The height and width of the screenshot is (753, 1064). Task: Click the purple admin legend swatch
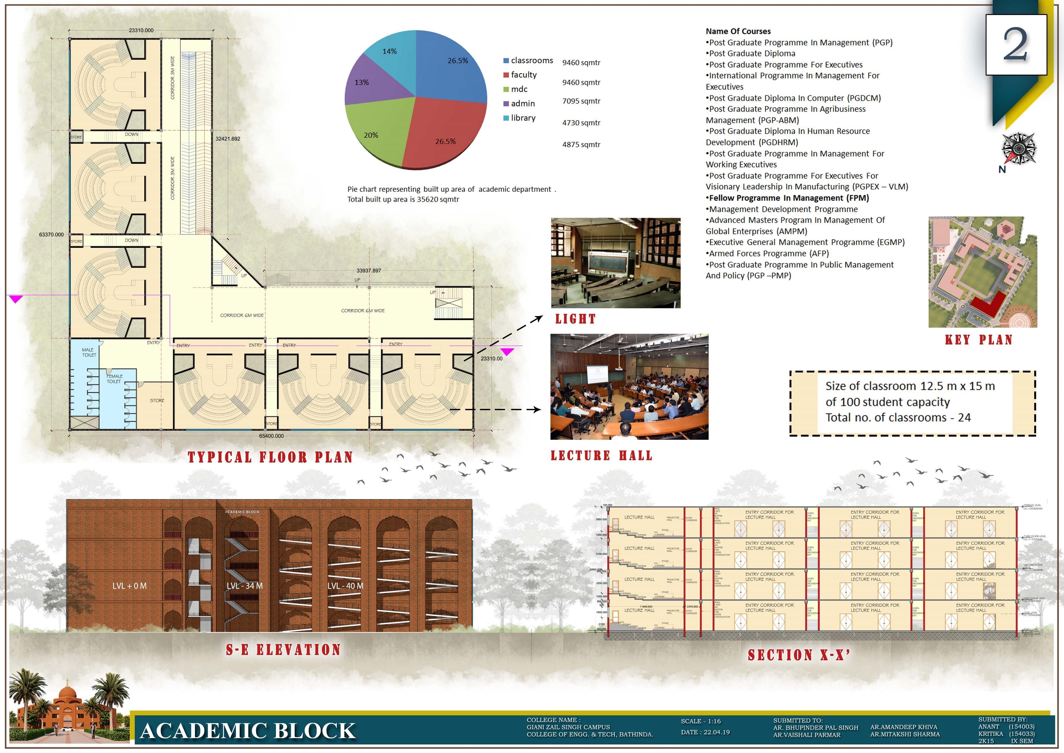pos(507,103)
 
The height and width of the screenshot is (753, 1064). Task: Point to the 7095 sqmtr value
pos(581,101)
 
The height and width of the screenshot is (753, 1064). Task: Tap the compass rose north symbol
pos(1019,149)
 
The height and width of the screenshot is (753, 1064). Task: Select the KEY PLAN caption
pos(978,340)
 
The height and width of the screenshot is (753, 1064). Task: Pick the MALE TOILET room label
pos(89,353)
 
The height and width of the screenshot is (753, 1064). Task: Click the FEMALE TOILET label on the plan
pos(115,379)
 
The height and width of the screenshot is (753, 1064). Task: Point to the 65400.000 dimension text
pos(272,436)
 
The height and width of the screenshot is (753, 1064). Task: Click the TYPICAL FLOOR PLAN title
pos(270,457)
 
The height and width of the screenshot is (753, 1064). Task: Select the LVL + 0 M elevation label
pos(129,586)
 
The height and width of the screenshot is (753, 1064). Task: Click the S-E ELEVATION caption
pos(283,650)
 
